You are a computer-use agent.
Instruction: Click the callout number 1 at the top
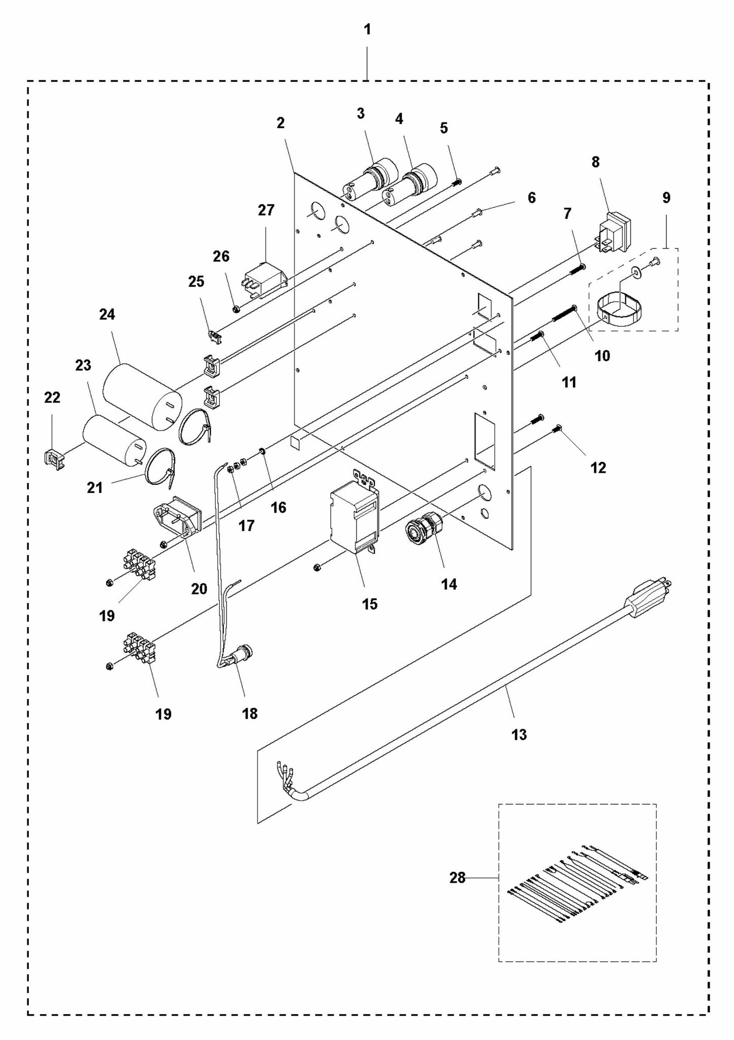pyautogui.click(x=367, y=30)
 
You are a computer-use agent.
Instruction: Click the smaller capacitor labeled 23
pyautogui.click(x=114, y=440)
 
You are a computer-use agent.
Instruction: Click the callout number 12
pyautogui.click(x=598, y=468)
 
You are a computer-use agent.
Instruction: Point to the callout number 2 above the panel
pyautogui.click(x=280, y=122)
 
